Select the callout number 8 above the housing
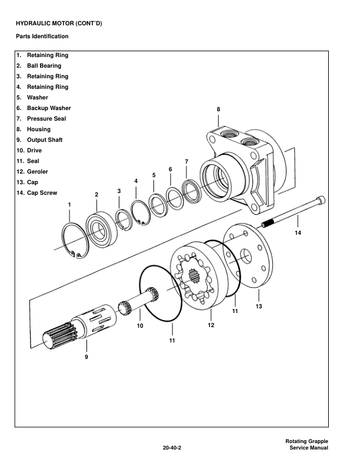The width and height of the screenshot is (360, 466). (218, 109)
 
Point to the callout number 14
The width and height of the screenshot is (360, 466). (298, 234)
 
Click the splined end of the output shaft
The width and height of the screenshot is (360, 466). (57, 337)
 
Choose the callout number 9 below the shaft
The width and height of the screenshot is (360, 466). (86, 357)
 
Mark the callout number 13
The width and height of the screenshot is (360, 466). (259, 307)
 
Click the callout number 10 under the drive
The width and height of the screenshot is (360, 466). (140, 325)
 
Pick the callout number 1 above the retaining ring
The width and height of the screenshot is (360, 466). (69, 204)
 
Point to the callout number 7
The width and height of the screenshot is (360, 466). (186, 161)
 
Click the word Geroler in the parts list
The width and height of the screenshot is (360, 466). (38, 172)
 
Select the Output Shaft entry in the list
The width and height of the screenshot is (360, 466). (45, 140)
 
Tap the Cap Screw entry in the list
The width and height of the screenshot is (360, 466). (42, 193)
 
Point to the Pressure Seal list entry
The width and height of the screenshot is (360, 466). (46, 119)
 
